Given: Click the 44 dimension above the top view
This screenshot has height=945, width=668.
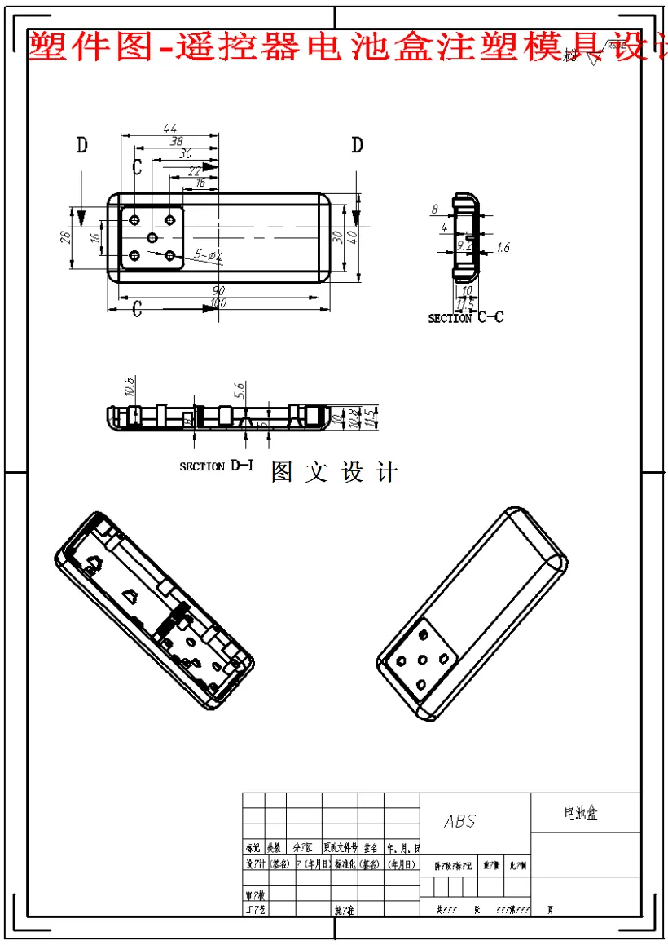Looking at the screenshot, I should (x=169, y=128).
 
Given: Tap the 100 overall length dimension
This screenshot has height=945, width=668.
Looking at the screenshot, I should (x=218, y=303).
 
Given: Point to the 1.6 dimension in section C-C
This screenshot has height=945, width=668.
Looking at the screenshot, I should (x=503, y=248).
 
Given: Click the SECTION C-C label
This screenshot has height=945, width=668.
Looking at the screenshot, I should (x=466, y=317).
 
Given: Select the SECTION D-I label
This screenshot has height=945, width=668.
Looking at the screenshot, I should (x=216, y=466).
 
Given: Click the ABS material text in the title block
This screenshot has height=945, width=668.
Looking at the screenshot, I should (x=459, y=821).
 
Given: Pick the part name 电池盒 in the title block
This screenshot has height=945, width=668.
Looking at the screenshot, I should (x=581, y=813).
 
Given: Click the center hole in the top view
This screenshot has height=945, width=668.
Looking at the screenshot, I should (x=152, y=237).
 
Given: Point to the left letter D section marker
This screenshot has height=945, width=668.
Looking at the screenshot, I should (x=81, y=146).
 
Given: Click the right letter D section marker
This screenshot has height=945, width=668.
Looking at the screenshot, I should (x=357, y=146).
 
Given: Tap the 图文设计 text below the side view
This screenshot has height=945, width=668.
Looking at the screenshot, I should (x=334, y=473).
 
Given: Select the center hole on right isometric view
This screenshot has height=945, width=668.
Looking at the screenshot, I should (x=423, y=660).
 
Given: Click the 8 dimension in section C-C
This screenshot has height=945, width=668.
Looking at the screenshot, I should (x=434, y=210).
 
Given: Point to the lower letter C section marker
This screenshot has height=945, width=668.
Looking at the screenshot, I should (x=137, y=308).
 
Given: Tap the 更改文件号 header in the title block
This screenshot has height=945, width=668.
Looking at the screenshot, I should (x=340, y=848).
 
